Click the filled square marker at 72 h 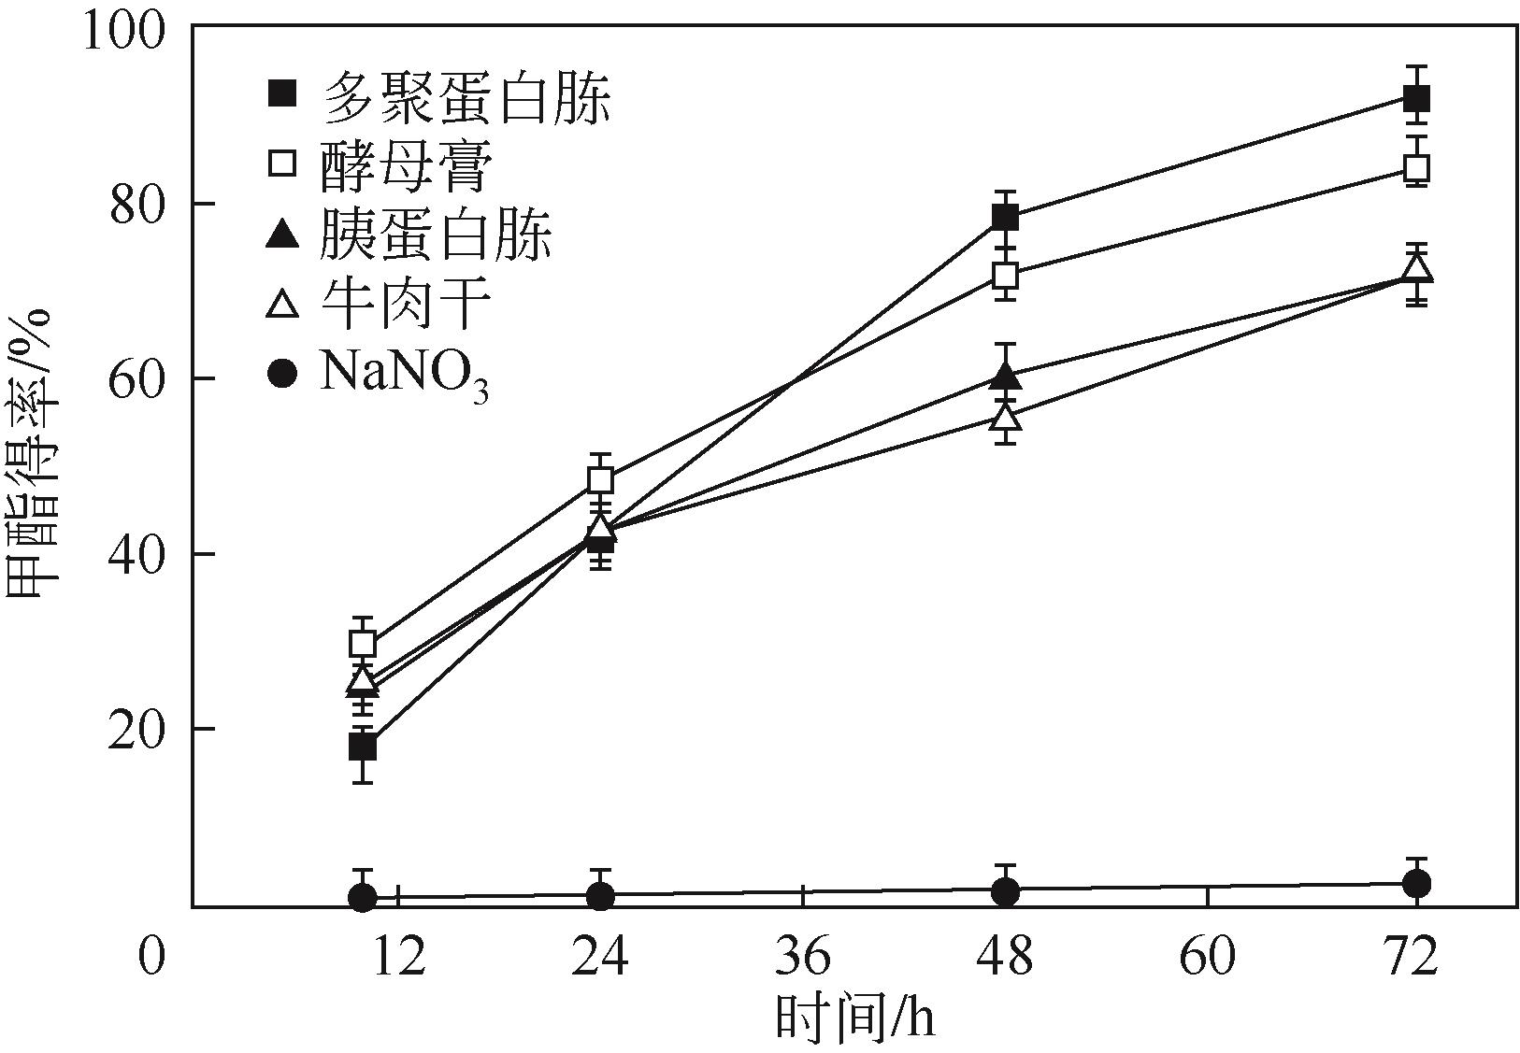tap(1416, 97)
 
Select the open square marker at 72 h tap(1416, 168)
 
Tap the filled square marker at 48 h tap(1005, 218)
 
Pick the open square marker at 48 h tap(1005, 276)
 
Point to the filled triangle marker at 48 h tap(1005, 376)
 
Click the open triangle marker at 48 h tap(1005, 417)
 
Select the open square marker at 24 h tap(601, 480)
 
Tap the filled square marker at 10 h tap(363, 747)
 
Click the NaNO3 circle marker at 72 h tap(1416, 884)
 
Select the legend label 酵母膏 tap(405, 165)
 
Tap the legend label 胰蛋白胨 tap(436, 235)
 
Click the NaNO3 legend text tap(404, 376)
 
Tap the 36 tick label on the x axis tap(803, 958)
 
